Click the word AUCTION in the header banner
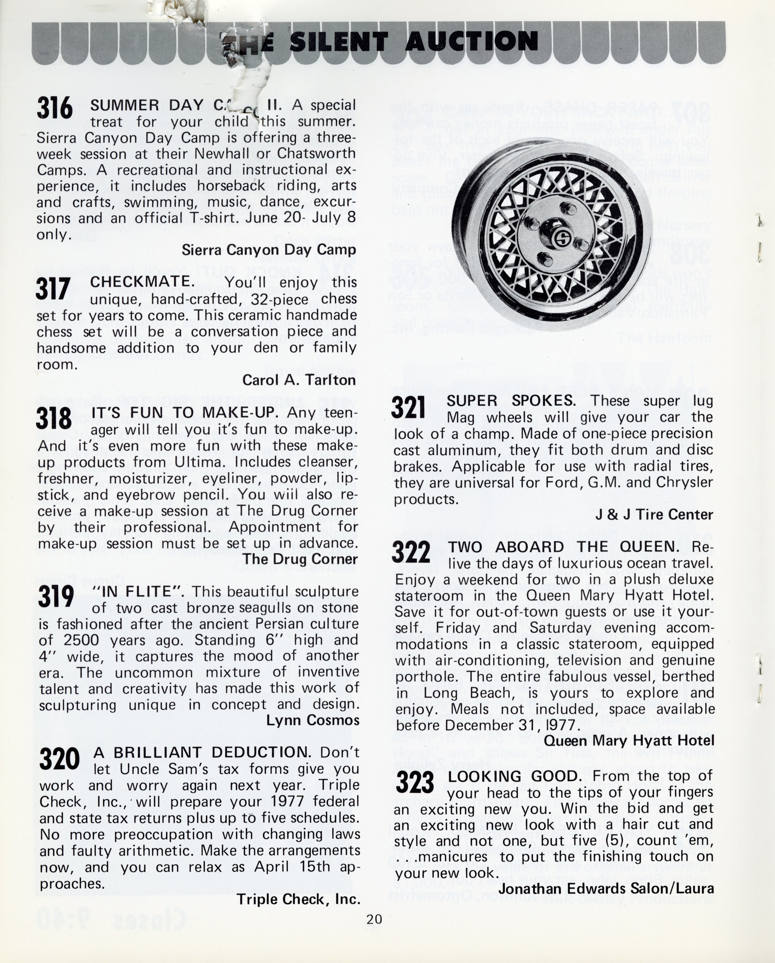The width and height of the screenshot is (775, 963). coord(471,42)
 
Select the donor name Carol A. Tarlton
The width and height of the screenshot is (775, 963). coord(299,380)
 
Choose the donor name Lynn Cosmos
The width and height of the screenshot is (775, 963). coord(313,720)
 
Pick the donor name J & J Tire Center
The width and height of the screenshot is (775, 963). coord(654,515)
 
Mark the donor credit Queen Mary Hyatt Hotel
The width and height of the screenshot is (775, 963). coord(629,741)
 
